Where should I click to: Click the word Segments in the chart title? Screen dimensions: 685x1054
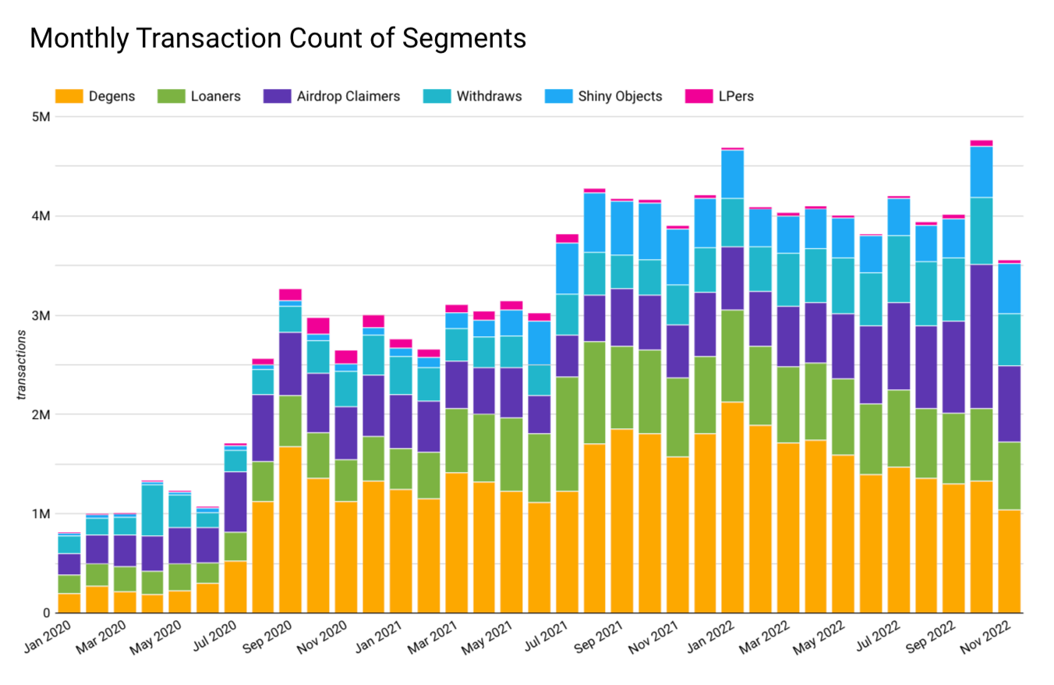[463, 38]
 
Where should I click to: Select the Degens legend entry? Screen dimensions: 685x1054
[94, 97]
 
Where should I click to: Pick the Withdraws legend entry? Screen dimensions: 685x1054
[472, 97]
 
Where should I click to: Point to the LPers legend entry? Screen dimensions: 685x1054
[718, 97]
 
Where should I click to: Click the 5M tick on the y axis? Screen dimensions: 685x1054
[40, 117]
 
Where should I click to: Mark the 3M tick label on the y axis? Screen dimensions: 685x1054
[40, 316]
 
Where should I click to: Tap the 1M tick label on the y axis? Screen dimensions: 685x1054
[40, 514]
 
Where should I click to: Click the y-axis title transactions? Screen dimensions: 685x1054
[23, 365]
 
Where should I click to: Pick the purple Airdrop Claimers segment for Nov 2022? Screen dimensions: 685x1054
[1010, 403]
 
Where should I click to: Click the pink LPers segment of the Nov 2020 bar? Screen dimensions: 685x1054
[345, 357]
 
